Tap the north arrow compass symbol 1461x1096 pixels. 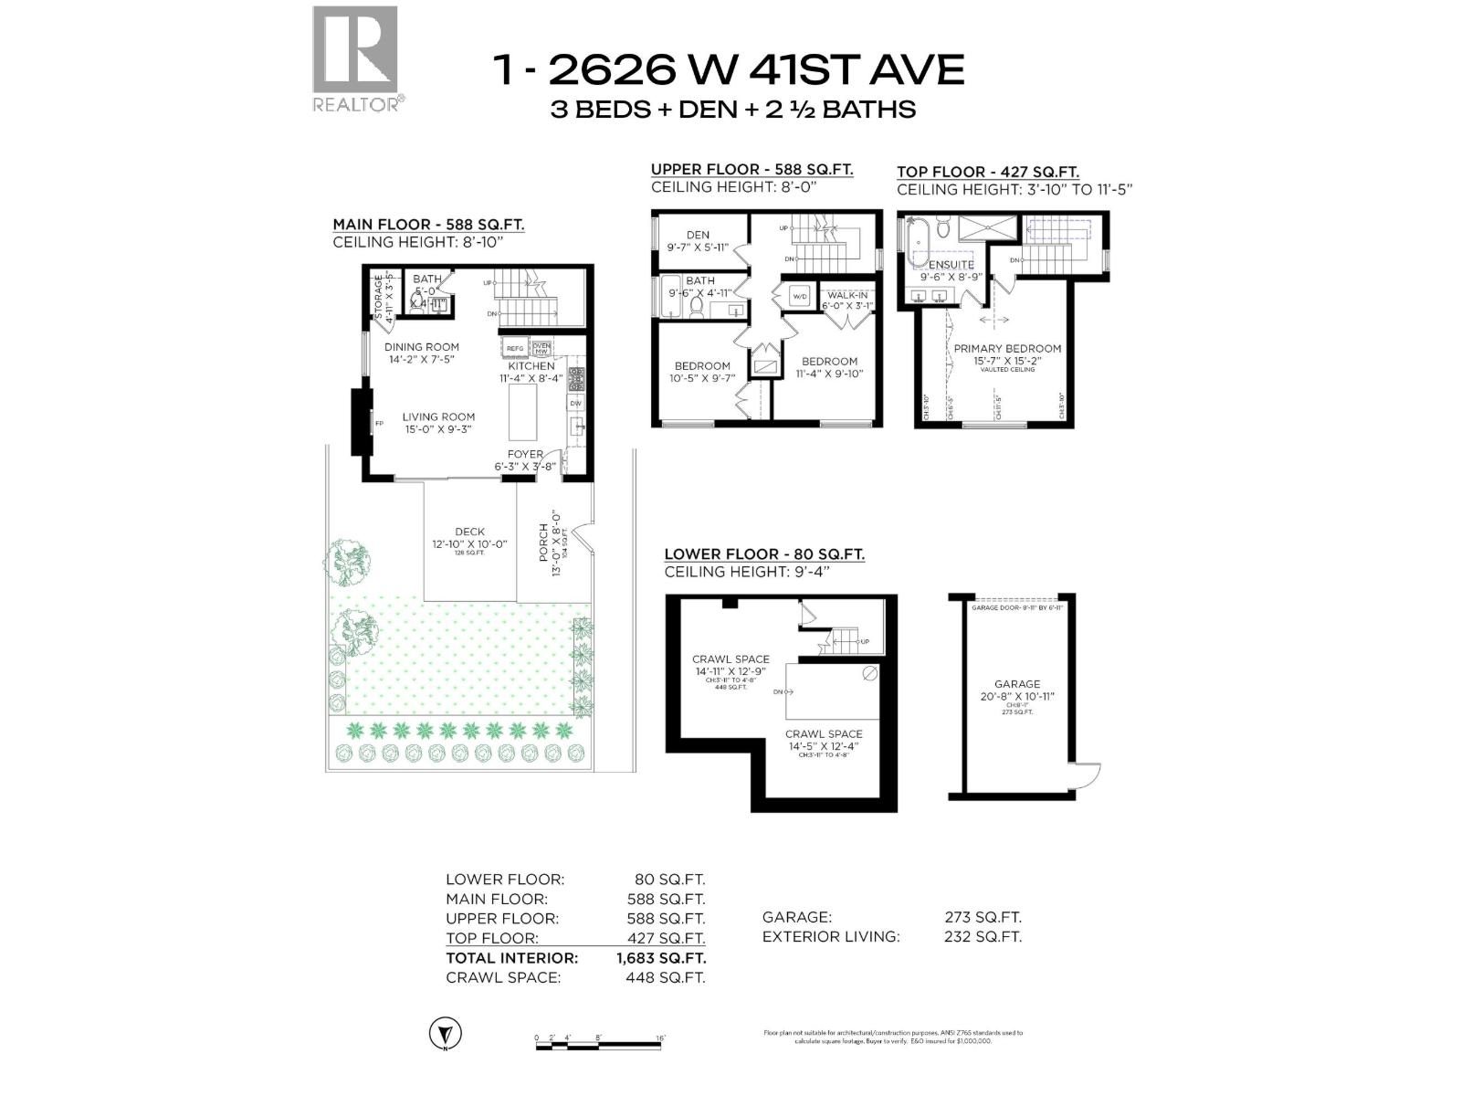click(x=445, y=1034)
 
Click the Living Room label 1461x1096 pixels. click(x=438, y=416)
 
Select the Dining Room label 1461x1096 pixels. click(x=421, y=347)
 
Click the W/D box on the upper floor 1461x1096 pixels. click(x=800, y=296)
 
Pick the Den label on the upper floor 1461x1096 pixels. click(x=698, y=235)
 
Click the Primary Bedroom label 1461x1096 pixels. click(x=1007, y=348)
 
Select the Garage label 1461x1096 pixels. click(x=1017, y=684)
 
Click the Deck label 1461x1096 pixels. click(x=469, y=532)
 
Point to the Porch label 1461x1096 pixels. click(x=544, y=543)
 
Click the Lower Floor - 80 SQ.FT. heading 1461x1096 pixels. click(x=763, y=553)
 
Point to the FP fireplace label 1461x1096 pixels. click(x=377, y=423)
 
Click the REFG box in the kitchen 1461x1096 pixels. click(x=515, y=348)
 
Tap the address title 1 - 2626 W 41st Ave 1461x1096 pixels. click(x=728, y=68)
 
